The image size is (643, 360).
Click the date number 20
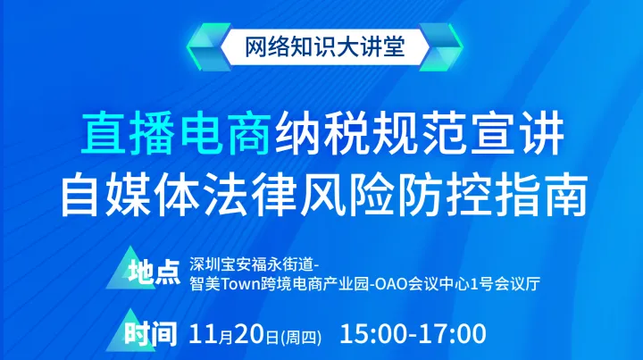[x=246, y=336]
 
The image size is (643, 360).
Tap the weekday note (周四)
[x=301, y=338]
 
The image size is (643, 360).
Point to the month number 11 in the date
[x=204, y=336]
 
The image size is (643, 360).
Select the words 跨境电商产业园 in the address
[x=312, y=286]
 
